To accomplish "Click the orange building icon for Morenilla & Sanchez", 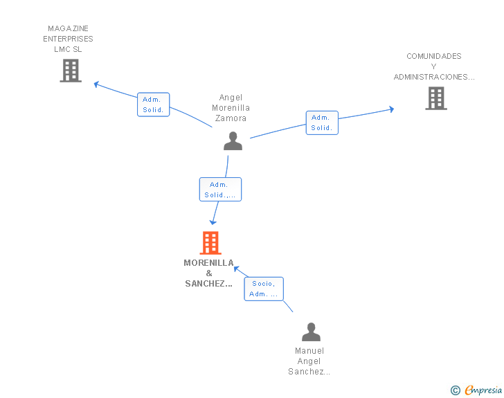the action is coord(210,243).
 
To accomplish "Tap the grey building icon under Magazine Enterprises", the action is coord(71,71).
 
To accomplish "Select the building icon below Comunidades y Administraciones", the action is coord(436,98).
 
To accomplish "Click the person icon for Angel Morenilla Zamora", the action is coord(233,141).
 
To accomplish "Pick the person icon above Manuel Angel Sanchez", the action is coord(311,332).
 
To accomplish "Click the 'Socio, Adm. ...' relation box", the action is coord(264,289).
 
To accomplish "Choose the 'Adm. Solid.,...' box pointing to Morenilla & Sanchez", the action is coord(220,190).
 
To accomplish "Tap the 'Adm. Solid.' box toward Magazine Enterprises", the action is coord(153,105).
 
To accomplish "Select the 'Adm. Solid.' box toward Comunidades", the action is coord(322,123).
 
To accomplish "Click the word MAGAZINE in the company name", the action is coord(68,28).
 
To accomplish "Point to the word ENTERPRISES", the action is coord(68,39).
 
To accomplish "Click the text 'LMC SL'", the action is coord(68,49).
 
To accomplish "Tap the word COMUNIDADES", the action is coord(434,56).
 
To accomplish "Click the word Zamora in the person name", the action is coord(231,118).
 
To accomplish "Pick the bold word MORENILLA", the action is coord(208,263).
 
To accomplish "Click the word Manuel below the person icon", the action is coord(309,351).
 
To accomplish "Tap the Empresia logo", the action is coord(476,390).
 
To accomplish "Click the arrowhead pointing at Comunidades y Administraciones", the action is coord(392,109).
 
